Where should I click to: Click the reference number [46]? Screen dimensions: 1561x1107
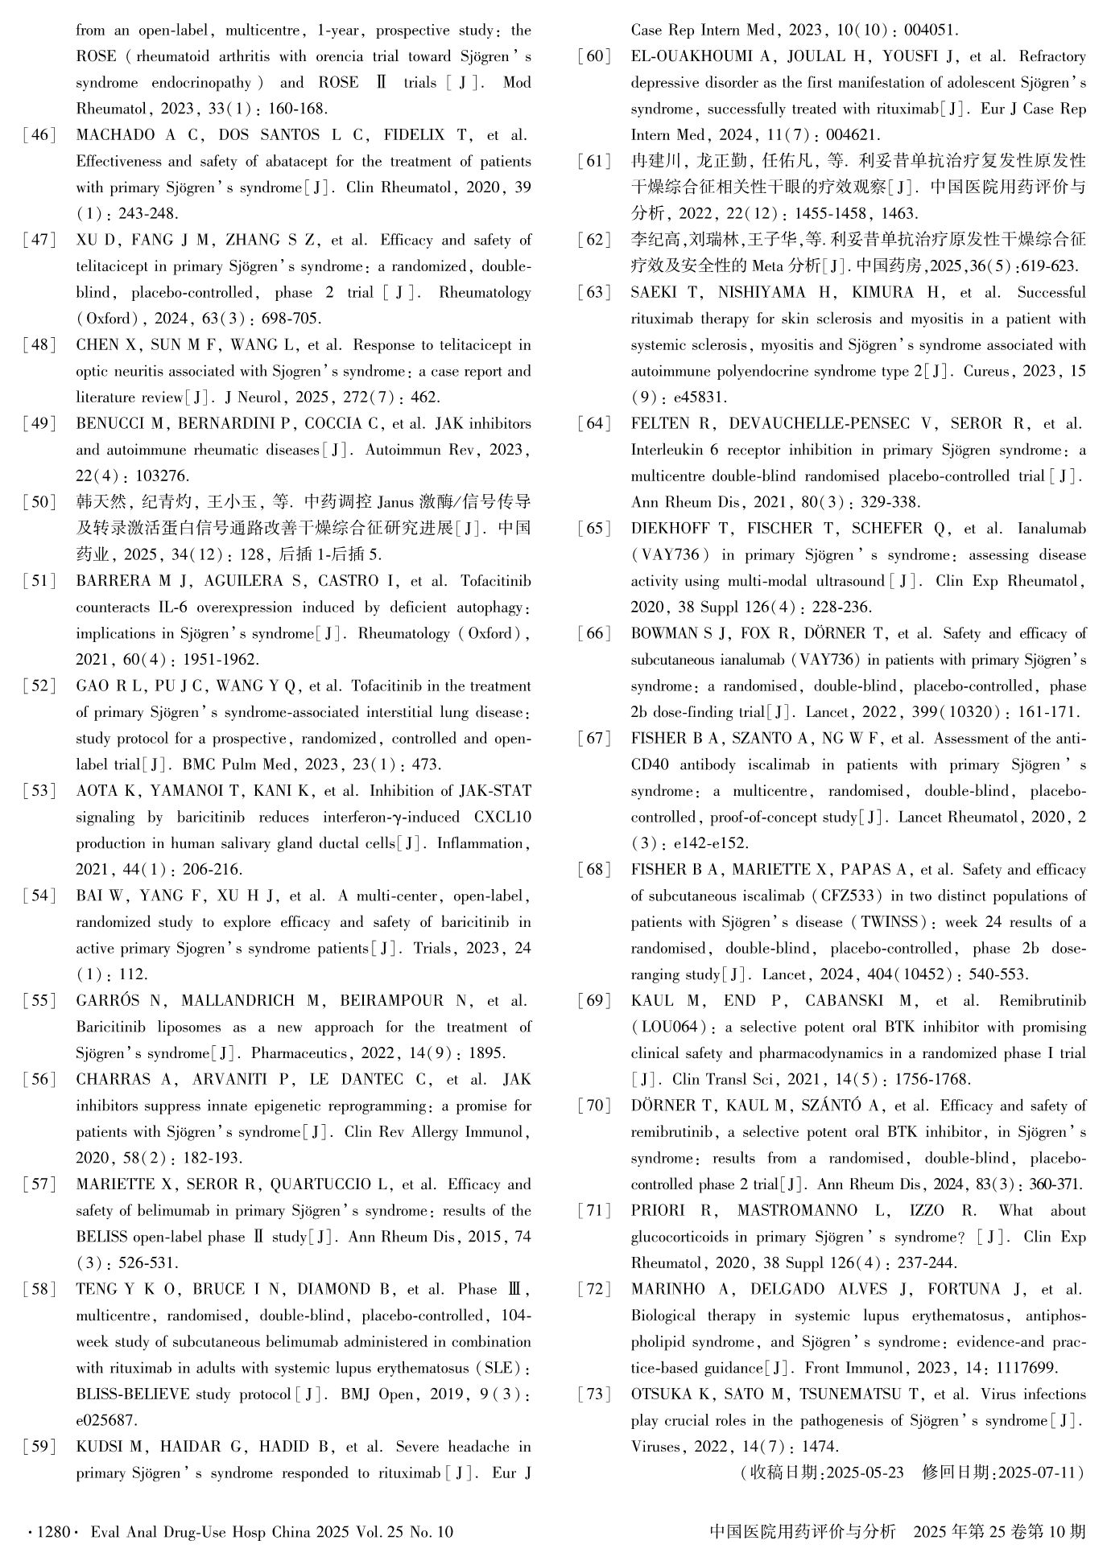tap(39, 135)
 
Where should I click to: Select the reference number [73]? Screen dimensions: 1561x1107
tap(594, 1394)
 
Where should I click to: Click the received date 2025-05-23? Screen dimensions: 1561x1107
tap(864, 1473)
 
